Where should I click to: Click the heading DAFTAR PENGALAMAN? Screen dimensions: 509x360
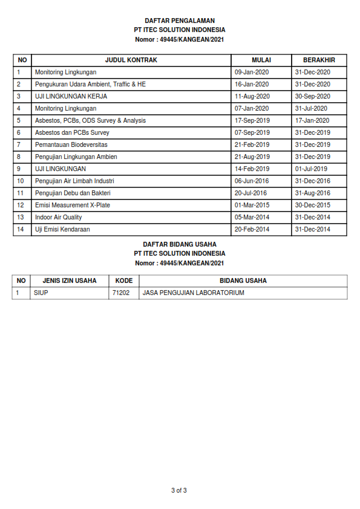[180, 21]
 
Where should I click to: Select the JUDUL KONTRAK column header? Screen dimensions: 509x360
[131, 60]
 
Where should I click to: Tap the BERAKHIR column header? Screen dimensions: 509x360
[319, 60]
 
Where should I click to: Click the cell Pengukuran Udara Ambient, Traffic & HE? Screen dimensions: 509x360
[90, 84]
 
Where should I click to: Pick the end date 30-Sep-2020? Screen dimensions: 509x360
[312, 96]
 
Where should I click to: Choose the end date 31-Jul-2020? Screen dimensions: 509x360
[311, 108]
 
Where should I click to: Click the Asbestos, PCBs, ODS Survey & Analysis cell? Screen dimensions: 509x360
[90, 120]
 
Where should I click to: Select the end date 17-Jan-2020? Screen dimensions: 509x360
[312, 120]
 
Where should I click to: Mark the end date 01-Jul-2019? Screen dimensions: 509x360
[311, 169]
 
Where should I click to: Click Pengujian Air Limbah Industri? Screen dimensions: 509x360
[74, 181]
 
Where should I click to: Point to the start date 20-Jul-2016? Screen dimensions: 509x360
[252, 193]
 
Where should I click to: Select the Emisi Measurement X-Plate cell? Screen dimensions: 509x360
[73, 205]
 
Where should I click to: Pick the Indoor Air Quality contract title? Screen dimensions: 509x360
[58, 217]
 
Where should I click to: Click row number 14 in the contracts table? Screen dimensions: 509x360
[21, 229]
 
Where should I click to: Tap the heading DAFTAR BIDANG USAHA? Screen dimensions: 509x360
[180, 244]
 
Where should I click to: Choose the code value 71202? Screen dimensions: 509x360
[121, 293]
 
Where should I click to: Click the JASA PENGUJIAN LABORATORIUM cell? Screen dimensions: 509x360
[193, 293]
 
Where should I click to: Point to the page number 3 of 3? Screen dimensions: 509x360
[179, 490]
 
